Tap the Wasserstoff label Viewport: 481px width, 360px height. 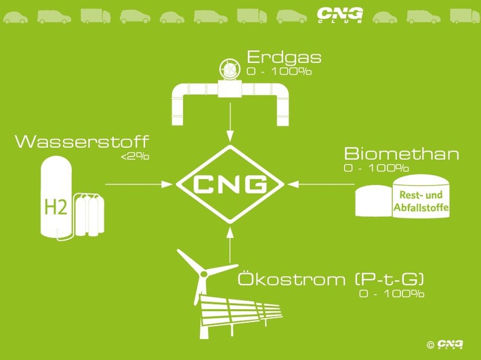coord(81,142)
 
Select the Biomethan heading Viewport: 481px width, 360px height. coord(401,154)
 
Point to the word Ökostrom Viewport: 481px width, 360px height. coord(283,280)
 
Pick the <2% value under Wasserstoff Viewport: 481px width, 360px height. coord(135,157)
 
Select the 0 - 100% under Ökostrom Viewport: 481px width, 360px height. coord(392,294)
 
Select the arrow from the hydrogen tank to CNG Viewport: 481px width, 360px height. coord(138,184)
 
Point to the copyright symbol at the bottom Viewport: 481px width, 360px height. coord(430,345)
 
